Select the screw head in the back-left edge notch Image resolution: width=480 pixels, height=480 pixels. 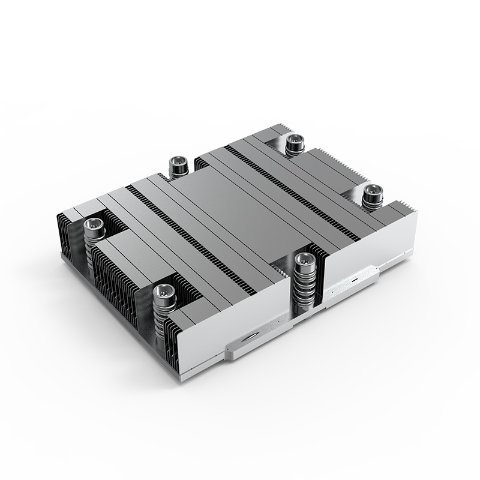178,161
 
